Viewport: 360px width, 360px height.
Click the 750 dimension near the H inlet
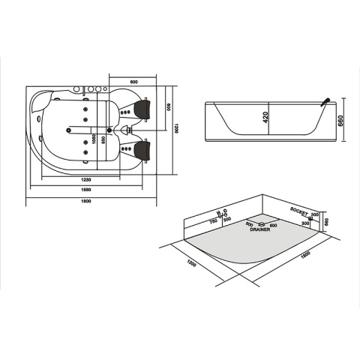click(x=213, y=221)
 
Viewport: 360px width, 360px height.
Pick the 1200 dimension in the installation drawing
click(x=192, y=265)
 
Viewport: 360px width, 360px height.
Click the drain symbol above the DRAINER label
click(x=259, y=224)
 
